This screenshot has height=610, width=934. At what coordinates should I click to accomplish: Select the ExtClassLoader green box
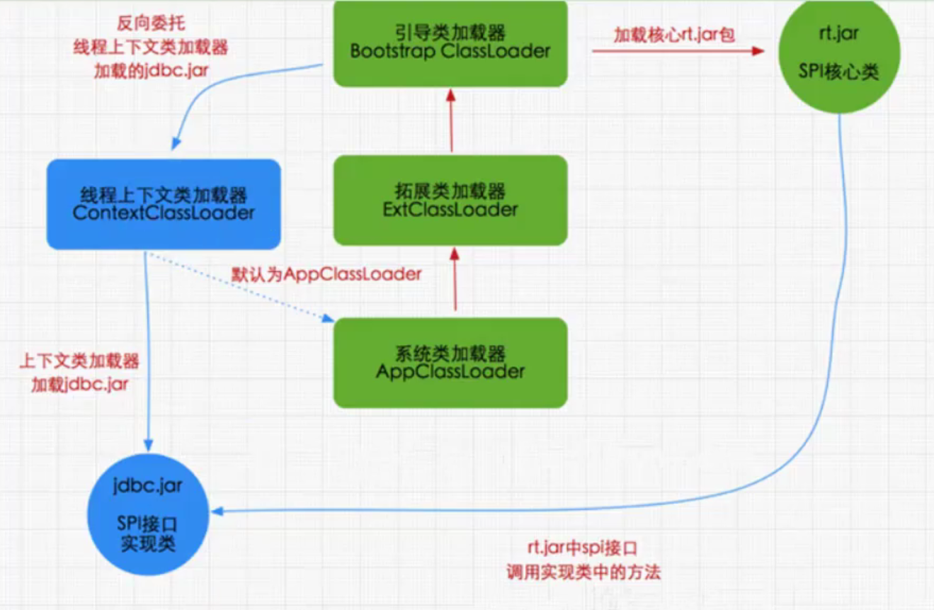click(450, 200)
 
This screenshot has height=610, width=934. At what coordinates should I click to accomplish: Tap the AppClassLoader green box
click(450, 363)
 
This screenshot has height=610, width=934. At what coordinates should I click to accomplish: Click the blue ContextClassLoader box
click(164, 204)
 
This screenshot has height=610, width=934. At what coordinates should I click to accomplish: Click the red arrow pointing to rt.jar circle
click(678, 51)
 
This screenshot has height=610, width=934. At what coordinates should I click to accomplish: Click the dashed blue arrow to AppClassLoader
click(241, 287)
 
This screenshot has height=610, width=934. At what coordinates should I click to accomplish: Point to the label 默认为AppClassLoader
click(326, 274)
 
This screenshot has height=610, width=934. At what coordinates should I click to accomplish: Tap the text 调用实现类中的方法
click(583, 572)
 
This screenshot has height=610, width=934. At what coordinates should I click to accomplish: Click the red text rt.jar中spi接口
click(582, 548)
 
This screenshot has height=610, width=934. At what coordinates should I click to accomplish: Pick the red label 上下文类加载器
click(79, 361)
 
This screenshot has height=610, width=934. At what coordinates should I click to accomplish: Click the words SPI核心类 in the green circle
click(839, 72)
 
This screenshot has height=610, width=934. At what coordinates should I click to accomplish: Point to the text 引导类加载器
click(450, 33)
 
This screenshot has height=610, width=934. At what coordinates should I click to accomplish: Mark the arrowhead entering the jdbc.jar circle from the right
click(220, 512)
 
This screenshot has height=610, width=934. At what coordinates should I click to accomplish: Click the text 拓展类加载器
click(450, 191)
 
